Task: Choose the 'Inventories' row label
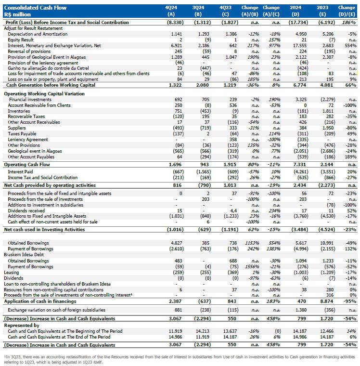19,111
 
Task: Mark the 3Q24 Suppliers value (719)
199,128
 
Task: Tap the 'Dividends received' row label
26,210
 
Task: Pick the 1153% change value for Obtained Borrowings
248,243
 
